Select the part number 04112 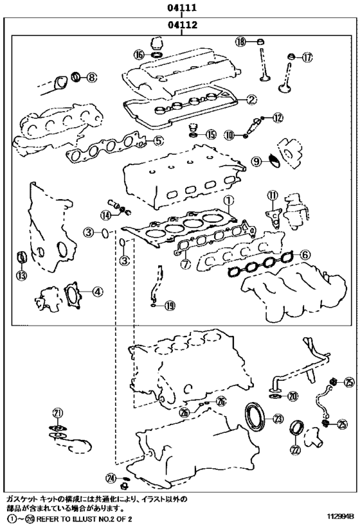(181, 26)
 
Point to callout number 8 (91, 78)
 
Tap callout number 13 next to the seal (22, 276)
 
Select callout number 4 (96, 292)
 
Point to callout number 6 (305, 255)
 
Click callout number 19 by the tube (169, 306)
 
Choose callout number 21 (58, 412)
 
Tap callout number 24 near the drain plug (111, 496)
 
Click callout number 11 (272, 195)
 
